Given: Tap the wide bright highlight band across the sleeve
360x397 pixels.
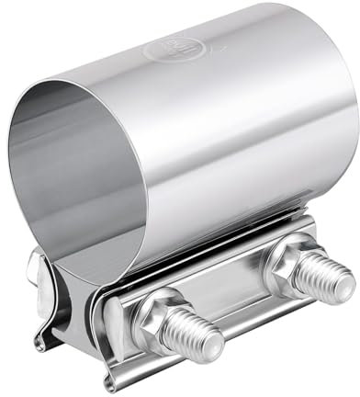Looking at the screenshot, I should [x=230, y=110].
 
